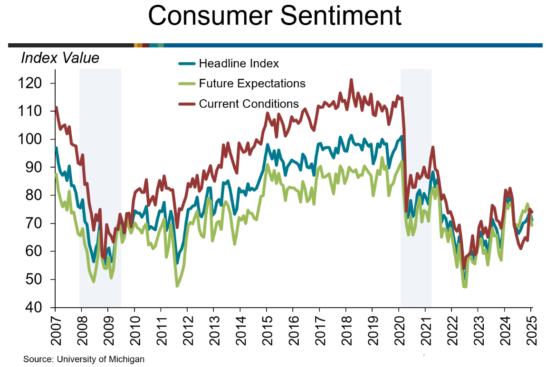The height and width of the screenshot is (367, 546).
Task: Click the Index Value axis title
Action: pyautogui.click(x=60, y=58)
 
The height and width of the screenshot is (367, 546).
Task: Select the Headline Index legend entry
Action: pyautogui.click(x=239, y=63)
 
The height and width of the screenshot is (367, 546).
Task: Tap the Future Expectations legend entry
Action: pyautogui.click(x=252, y=84)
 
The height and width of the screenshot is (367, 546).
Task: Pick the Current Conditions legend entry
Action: pyautogui.click(x=249, y=104)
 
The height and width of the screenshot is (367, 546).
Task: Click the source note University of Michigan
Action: pyautogui.click(x=84, y=359)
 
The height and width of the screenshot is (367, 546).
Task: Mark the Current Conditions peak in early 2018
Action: pyautogui.click(x=351, y=80)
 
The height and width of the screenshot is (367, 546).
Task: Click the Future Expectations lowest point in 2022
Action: pyautogui.click(x=464, y=287)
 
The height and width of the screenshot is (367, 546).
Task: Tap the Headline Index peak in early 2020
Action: pyautogui.click(x=402, y=137)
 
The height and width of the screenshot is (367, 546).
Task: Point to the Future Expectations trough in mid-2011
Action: pyautogui.click(x=177, y=286)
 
